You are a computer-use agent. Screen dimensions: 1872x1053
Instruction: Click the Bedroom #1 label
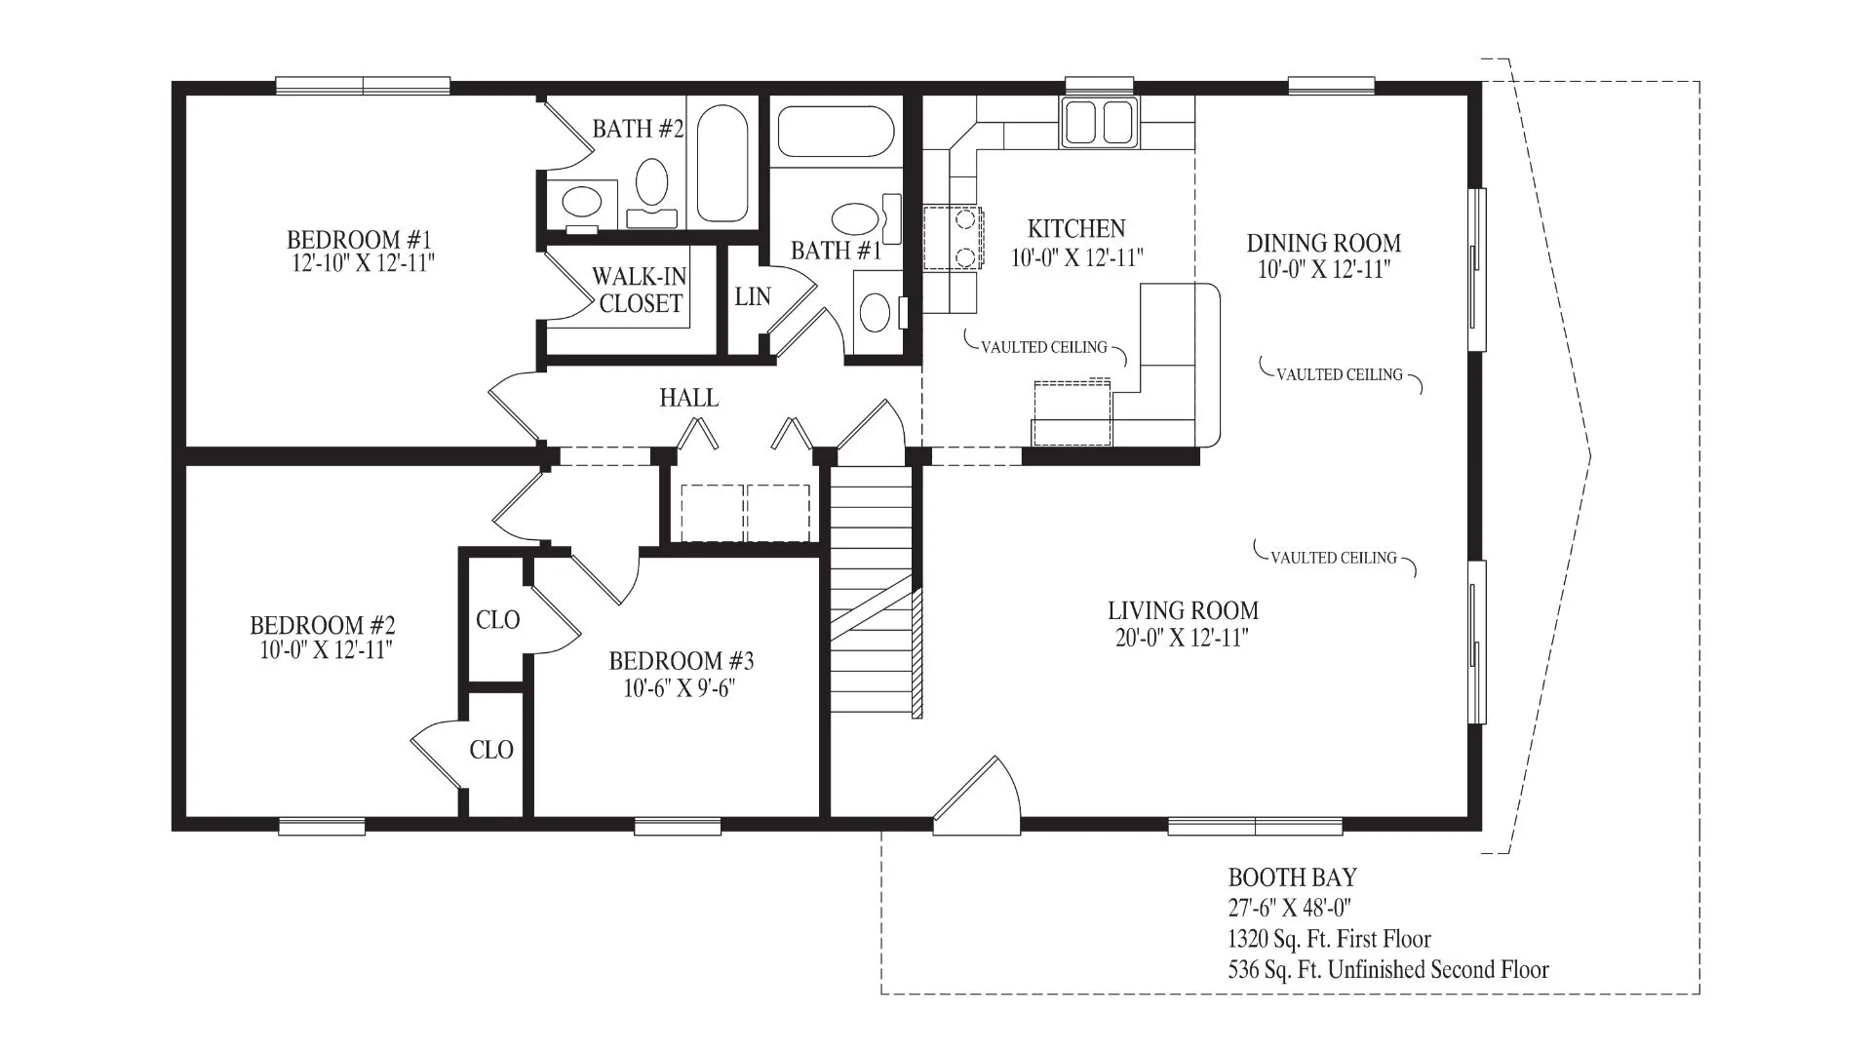(x=359, y=240)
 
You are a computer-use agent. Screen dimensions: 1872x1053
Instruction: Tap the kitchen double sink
(x=1100, y=123)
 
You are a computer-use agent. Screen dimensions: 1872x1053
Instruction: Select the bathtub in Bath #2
(x=721, y=164)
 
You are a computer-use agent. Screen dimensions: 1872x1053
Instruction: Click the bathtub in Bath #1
(x=836, y=132)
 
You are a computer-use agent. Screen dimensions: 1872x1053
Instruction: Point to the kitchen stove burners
(x=953, y=238)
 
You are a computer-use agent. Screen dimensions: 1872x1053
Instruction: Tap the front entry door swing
(x=977, y=796)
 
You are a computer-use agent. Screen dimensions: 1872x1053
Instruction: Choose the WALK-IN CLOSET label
(x=640, y=291)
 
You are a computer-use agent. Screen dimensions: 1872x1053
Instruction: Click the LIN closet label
(x=753, y=296)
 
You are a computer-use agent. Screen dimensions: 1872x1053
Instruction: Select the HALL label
(x=689, y=398)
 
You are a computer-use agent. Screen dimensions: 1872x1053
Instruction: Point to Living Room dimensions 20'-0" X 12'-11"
(x=1183, y=639)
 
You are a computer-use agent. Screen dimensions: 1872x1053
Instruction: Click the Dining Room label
(x=1323, y=243)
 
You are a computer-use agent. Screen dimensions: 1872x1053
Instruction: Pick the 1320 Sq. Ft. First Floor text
(x=1330, y=940)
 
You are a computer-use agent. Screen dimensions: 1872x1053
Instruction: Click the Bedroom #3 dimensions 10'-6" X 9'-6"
(x=680, y=689)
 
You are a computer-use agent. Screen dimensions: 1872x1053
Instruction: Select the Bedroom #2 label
(x=323, y=625)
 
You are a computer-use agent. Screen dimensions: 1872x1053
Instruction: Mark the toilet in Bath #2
(x=652, y=190)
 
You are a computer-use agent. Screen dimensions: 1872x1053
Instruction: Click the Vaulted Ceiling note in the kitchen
(x=1044, y=348)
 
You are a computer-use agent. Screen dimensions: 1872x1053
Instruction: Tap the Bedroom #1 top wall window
(x=363, y=86)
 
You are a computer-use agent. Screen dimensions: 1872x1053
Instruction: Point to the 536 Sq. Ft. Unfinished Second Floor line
(x=1388, y=970)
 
